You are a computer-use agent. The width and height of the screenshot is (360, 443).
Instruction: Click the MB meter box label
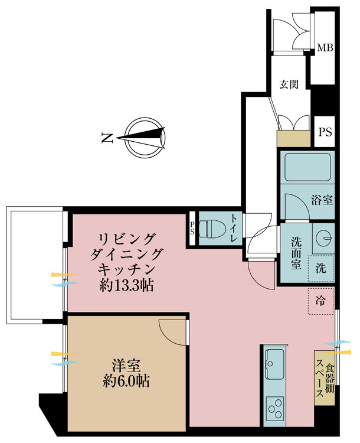325,47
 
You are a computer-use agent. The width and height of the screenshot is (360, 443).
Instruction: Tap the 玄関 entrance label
289,84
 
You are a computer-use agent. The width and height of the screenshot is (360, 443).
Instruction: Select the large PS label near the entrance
325,132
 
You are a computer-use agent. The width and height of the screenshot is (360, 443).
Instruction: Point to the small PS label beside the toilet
192,228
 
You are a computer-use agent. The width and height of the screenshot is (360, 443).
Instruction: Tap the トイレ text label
234,228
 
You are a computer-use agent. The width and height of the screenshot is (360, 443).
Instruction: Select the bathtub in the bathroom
307,167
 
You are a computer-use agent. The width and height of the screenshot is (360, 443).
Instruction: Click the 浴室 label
322,200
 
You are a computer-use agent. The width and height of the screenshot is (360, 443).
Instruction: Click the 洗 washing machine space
321,268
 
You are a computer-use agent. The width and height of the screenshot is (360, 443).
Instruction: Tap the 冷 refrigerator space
321,301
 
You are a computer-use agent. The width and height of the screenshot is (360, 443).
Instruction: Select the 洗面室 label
296,253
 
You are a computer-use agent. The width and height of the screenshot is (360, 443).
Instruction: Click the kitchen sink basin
275,364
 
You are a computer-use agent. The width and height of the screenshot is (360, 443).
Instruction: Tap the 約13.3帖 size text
126,286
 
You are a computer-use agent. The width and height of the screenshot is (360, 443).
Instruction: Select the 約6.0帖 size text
126,382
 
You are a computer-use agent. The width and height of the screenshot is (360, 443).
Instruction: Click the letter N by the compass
107,138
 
